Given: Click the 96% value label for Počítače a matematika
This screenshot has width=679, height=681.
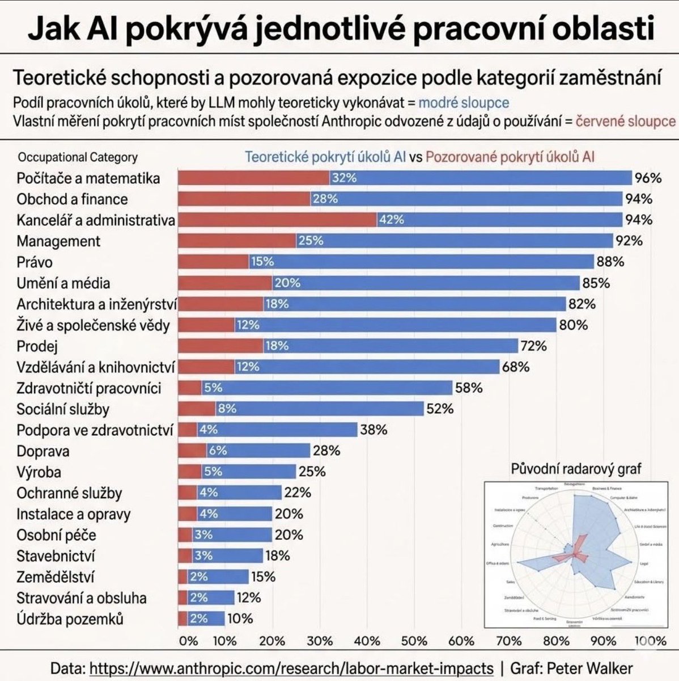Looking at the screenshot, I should point(648,178).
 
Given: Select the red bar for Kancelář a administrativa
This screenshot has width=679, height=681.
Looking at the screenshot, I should point(277,220).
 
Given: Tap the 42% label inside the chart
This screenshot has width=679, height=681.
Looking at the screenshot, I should point(391,220).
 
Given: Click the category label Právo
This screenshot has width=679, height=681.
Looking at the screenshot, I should point(35,262).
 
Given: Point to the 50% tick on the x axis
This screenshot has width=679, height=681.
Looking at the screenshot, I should point(414,641).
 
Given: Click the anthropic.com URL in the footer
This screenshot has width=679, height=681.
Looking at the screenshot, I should point(292,668).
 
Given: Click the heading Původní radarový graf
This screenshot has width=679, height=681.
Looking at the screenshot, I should point(576,469).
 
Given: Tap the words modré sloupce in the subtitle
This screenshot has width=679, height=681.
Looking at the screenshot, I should point(464,103).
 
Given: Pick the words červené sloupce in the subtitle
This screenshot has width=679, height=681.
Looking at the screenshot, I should point(625,121).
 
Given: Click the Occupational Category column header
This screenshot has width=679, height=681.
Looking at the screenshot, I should point(78,157).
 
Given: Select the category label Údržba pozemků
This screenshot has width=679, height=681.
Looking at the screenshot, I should point(70,619).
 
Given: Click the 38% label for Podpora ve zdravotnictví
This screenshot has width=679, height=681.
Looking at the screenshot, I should point(374,430).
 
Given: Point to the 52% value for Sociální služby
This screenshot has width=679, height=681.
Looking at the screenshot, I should point(440,409).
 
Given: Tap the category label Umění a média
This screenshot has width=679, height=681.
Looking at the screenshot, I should point(63,283).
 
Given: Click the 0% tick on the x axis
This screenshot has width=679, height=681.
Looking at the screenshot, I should point(188,641).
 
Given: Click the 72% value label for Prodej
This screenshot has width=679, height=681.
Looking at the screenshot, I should point(533,346).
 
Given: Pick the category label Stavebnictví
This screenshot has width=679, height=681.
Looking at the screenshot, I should point(56,556).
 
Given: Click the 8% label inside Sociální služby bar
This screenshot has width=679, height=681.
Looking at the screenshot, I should point(227,409).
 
